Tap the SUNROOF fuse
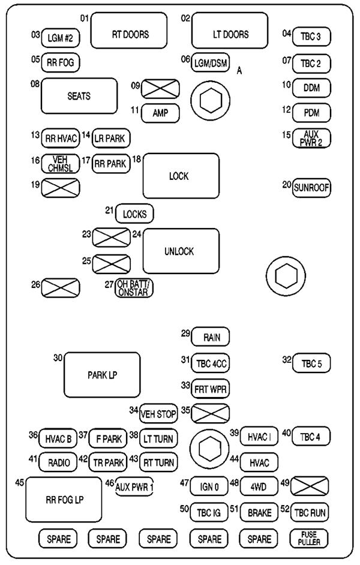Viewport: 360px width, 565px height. coord(312,188)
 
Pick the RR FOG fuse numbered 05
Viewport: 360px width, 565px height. coord(60,62)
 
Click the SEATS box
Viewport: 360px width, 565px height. coord(79,96)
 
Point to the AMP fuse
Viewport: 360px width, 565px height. coord(160,113)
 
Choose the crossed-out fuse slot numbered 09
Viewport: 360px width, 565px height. coord(160,89)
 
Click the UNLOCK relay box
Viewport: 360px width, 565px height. coord(180,251)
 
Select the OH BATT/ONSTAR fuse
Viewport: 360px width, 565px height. coord(134,288)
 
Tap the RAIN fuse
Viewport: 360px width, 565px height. coord(211,338)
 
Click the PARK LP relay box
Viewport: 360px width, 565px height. coord(101,375)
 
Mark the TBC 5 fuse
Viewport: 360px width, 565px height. coord(312,363)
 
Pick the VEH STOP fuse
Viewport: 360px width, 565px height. coord(158,413)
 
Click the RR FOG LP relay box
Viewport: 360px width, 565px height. coord(63,500)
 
